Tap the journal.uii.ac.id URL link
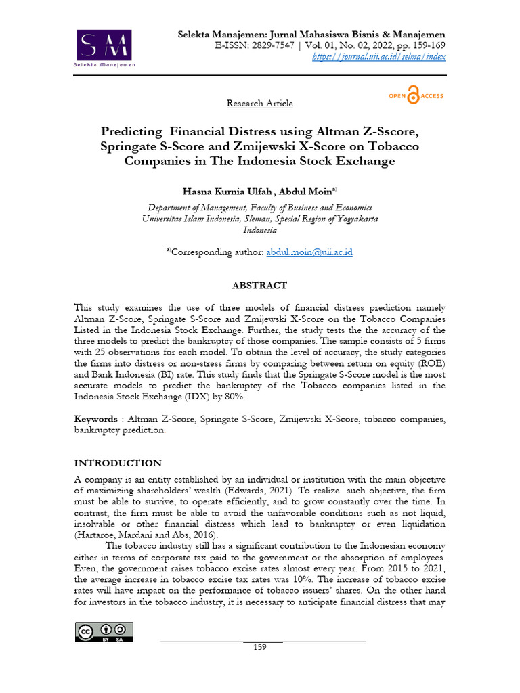[x=379, y=58]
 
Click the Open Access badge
[x=416, y=96]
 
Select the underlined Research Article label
[x=260, y=104]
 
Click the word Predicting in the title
[x=132, y=131]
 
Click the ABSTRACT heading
[x=260, y=286]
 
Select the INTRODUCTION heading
[x=117, y=463]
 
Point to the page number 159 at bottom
[x=260, y=647]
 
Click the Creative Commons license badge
[x=104, y=632]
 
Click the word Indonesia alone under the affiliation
[x=260, y=230]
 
